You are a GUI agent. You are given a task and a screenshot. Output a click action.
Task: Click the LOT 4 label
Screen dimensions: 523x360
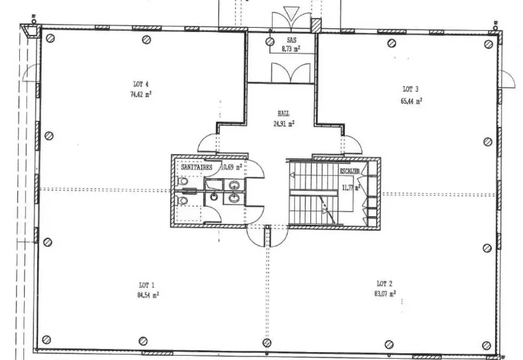[141, 84]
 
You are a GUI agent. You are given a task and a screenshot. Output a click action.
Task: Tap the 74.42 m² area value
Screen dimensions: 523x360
[141, 94]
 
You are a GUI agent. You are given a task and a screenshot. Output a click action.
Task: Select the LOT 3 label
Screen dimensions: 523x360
[410, 89]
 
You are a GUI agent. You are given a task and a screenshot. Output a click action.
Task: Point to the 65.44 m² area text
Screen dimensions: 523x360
[411, 100]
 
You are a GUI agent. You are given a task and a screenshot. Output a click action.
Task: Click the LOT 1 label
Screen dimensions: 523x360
[147, 285]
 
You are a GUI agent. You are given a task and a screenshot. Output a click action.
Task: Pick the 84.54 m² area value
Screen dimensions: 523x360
[148, 294]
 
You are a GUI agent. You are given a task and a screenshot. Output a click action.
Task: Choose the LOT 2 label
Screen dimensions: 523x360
[385, 284]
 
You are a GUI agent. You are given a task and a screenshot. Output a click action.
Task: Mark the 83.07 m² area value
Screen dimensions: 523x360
[385, 294]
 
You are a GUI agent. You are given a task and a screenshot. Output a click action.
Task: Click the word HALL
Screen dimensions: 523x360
[283, 114]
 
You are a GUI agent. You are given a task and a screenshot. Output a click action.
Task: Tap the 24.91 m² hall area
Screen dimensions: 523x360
[284, 124]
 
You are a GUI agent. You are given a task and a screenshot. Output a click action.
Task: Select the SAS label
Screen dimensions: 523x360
[291, 40]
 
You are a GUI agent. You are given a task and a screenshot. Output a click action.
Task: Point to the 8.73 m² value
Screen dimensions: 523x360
[291, 49]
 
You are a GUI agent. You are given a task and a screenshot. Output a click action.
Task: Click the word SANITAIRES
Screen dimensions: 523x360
[196, 167]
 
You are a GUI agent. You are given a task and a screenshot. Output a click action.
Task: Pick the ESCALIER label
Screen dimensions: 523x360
[350, 171]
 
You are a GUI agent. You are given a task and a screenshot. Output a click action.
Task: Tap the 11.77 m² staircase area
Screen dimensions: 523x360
[351, 187]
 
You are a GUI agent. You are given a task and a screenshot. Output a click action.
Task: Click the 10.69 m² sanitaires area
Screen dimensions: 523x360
[232, 166]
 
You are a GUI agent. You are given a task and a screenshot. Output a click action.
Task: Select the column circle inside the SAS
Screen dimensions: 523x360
[270, 42]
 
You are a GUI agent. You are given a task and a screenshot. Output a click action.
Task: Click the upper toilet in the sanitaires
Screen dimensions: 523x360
[182, 182]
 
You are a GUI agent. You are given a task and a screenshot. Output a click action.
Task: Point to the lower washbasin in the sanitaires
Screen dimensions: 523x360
[234, 198]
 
